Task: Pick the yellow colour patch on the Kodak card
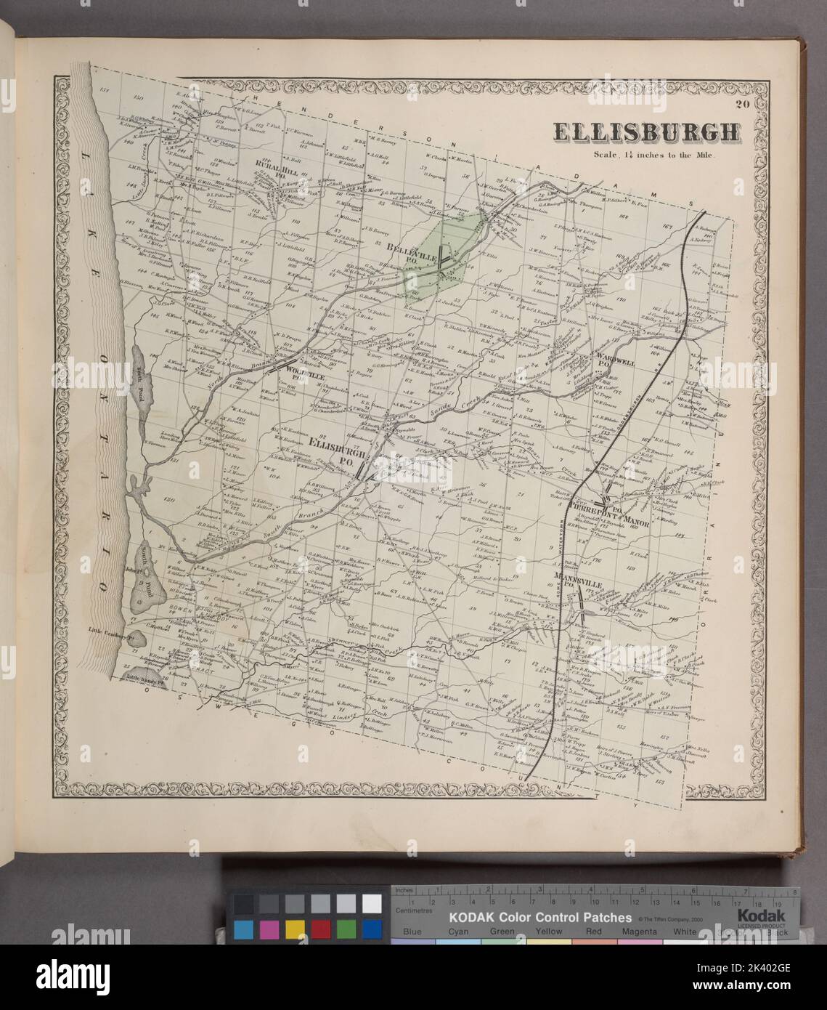[x=295, y=929]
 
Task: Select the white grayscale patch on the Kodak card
[x=371, y=903]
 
